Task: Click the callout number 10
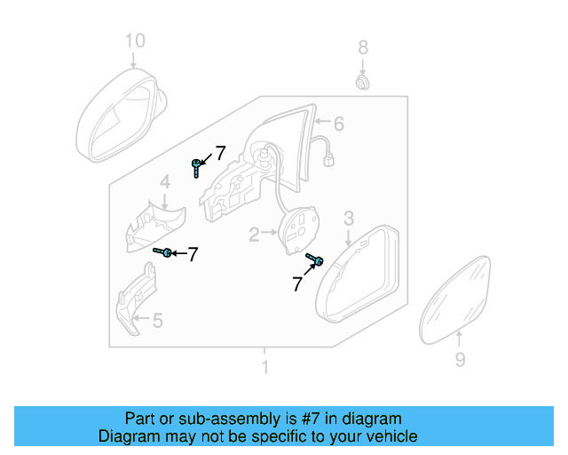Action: coord(133,40)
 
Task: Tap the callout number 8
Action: coord(362,46)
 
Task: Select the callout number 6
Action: coord(338,124)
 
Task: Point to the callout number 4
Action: coord(165,184)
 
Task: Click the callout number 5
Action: coord(158,320)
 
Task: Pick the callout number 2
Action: coord(254,235)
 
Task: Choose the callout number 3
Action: coord(349,218)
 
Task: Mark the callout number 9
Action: coord(460,360)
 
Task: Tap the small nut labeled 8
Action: coord(362,83)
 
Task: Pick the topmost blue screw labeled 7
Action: coord(195,164)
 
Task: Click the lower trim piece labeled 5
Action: coord(136,300)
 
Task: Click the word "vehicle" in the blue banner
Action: coord(390,436)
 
